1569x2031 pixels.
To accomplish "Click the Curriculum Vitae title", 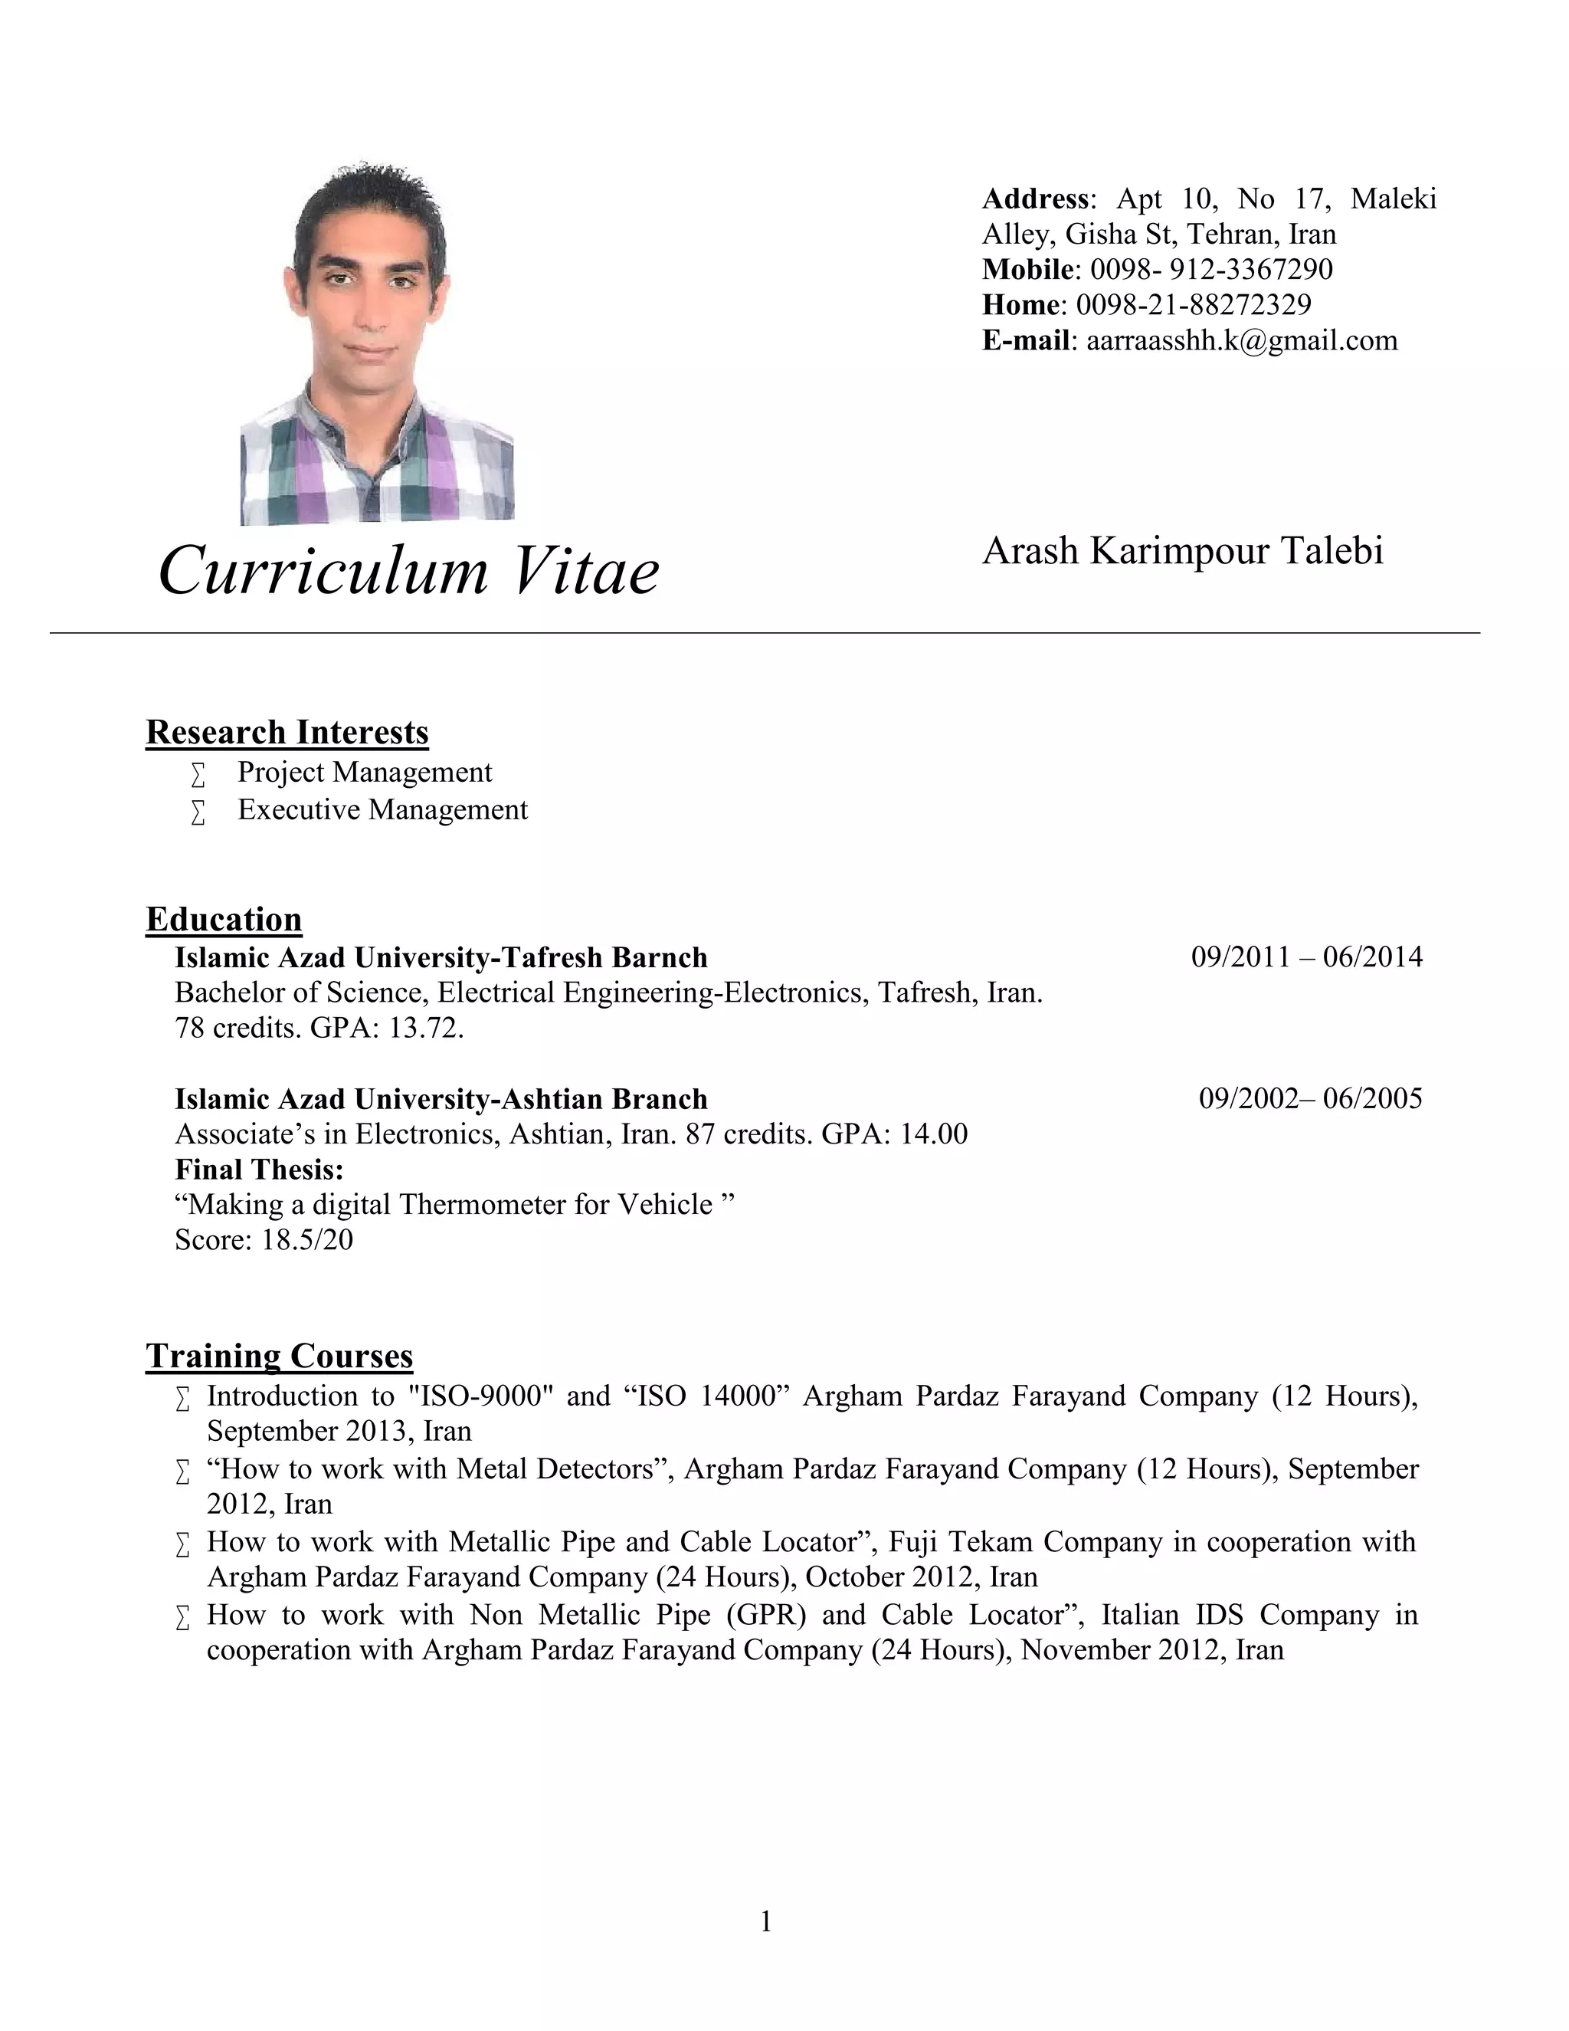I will [x=409, y=570].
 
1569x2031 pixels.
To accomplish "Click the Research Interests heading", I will [x=287, y=733].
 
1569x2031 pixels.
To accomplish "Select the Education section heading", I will [x=224, y=920].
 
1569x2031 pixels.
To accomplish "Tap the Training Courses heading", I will [x=279, y=1356].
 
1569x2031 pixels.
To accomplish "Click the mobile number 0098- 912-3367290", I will [x=1211, y=270].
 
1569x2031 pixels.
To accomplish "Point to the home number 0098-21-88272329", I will [x=1194, y=305].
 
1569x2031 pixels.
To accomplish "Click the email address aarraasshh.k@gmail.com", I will [x=1242, y=340].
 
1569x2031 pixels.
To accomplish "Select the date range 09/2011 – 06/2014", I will [x=1306, y=957].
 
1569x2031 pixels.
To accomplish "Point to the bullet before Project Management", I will [x=197, y=775].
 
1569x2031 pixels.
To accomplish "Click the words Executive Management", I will [x=382, y=810].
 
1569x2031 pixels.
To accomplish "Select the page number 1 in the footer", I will [x=766, y=1921].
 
